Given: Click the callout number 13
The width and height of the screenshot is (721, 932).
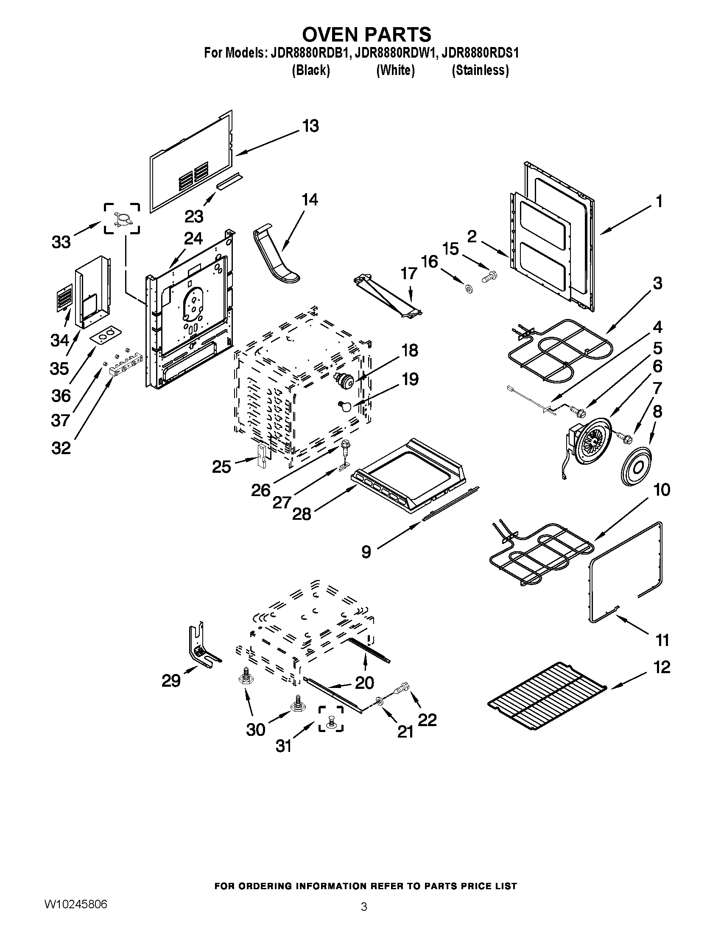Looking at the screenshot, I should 310,126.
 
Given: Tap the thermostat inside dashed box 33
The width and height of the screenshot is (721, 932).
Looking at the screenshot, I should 122,218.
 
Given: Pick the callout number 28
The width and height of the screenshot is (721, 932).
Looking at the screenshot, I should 302,514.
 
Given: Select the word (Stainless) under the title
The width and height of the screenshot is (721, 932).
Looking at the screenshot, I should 480,70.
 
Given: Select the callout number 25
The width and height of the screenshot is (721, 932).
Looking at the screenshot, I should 221,467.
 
